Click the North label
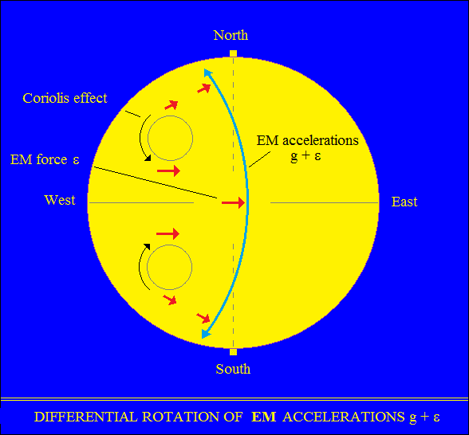pos(231,35)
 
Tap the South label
pos(233,369)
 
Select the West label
pos(60,200)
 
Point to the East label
pos(404,202)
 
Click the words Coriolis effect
pos(65,98)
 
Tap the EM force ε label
pos(45,159)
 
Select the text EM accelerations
pos(308,140)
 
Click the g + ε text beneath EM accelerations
pos(305,155)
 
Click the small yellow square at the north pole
pos(233,54)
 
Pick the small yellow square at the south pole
pos(233,352)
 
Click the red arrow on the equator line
pos(233,202)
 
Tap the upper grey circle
pos(170,116)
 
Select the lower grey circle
pos(170,245)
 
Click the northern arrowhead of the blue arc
pos(207,73)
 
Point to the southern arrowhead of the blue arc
pos(206,334)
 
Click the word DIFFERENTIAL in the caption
pos(85,417)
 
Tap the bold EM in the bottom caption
pos(263,417)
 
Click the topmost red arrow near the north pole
pos(204,88)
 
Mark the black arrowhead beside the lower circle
pos(147,246)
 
